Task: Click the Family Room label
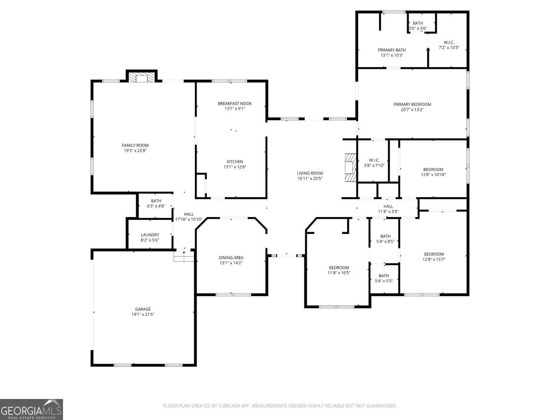[135, 145]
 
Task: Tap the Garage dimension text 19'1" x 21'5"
[143, 314]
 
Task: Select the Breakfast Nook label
[235, 104]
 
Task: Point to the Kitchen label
[235, 162]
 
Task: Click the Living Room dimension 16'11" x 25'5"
[310, 178]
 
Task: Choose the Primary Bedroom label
[412, 104]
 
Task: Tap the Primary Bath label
[392, 50]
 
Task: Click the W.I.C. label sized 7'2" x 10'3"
[449, 42]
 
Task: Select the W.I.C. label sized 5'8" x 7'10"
[374, 160]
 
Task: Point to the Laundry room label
[150, 235]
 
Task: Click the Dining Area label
[231, 258]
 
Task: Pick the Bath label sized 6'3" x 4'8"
[156, 201]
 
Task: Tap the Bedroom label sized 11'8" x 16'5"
[339, 268]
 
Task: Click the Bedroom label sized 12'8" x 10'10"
[433, 170]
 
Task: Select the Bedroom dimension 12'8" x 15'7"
[434, 259]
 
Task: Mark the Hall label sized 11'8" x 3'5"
[388, 206]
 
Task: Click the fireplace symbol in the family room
[141, 77]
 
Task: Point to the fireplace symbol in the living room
[351, 167]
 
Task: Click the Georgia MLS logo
[31, 409]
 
